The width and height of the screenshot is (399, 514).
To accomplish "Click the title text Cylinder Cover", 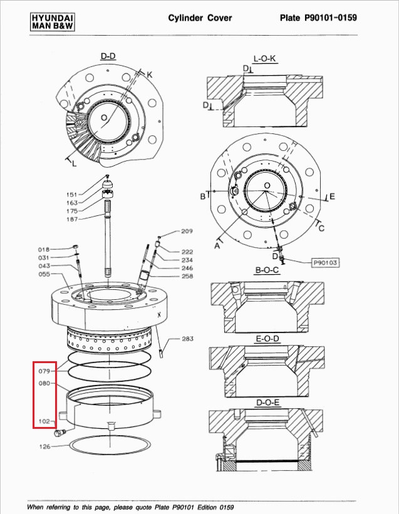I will point(200,18).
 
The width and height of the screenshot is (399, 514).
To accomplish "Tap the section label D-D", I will point(108,56).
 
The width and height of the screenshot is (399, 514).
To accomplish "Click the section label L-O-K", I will point(264,59).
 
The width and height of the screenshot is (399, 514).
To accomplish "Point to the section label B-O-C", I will point(267,270).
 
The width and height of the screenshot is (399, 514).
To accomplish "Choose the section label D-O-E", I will point(267,402).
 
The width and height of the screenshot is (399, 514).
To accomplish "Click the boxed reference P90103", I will point(325,262).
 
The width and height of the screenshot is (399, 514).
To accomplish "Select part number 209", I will point(187,232).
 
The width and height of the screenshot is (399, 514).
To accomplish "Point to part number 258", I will point(187,276).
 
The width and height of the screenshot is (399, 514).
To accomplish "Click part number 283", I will point(187,339).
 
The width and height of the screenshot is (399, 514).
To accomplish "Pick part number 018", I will point(43,249).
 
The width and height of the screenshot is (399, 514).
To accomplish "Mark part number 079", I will point(44,371).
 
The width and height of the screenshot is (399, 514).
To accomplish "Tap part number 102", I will point(44,422).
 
